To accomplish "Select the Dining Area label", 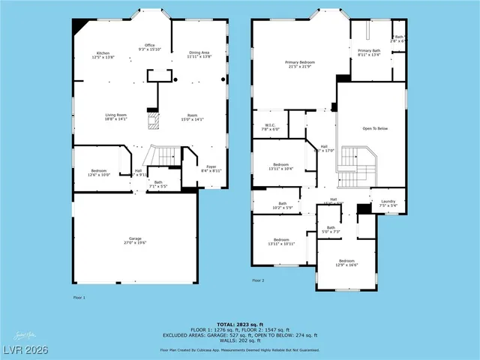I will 199,55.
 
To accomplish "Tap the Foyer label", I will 211,169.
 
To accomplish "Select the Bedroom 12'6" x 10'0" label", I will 100,172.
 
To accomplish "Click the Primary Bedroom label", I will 298,64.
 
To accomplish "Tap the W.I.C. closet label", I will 271,127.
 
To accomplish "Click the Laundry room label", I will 388,203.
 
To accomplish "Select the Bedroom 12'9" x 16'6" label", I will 346,263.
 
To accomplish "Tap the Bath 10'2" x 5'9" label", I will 283,205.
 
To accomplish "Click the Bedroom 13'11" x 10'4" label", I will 281,166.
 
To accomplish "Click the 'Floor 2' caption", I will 258,280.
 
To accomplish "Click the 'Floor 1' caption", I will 79,298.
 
